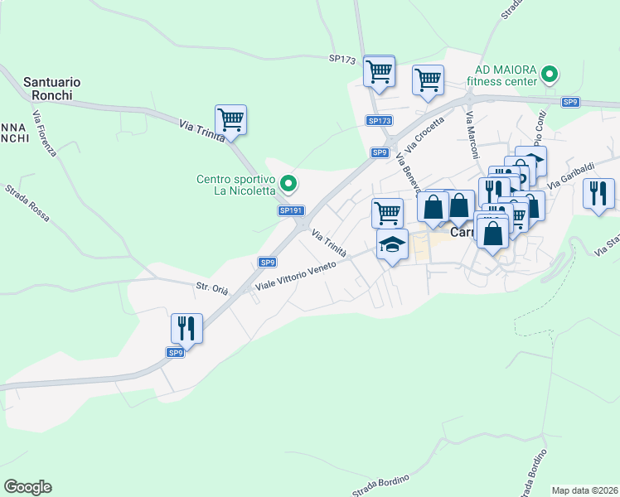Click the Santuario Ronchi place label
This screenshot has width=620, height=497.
click(x=51, y=89)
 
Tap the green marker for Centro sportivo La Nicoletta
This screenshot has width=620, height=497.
click(x=288, y=183)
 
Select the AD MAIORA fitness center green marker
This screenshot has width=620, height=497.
click(x=548, y=76)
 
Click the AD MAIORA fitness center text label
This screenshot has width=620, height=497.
click(x=501, y=76)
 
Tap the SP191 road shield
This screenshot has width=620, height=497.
click(x=289, y=211)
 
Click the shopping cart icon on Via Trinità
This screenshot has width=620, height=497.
click(x=230, y=119)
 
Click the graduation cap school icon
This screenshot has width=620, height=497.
click(x=392, y=244)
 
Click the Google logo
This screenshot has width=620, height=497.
click(x=27, y=487)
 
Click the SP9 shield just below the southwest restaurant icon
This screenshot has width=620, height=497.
click(x=175, y=353)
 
